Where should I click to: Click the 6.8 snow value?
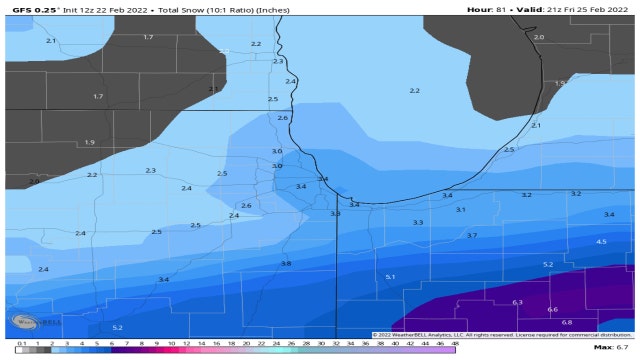(567, 322)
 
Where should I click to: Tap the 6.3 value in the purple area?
(517, 302)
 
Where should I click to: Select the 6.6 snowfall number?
(552, 310)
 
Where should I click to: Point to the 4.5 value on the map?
(601, 242)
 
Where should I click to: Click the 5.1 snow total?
(390, 276)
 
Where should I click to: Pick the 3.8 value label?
(286, 263)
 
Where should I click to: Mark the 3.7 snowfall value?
(472, 235)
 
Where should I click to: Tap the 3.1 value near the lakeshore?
(460, 210)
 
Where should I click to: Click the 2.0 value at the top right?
(539, 37)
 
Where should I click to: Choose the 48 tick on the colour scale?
(455, 342)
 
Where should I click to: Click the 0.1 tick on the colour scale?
(21, 342)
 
